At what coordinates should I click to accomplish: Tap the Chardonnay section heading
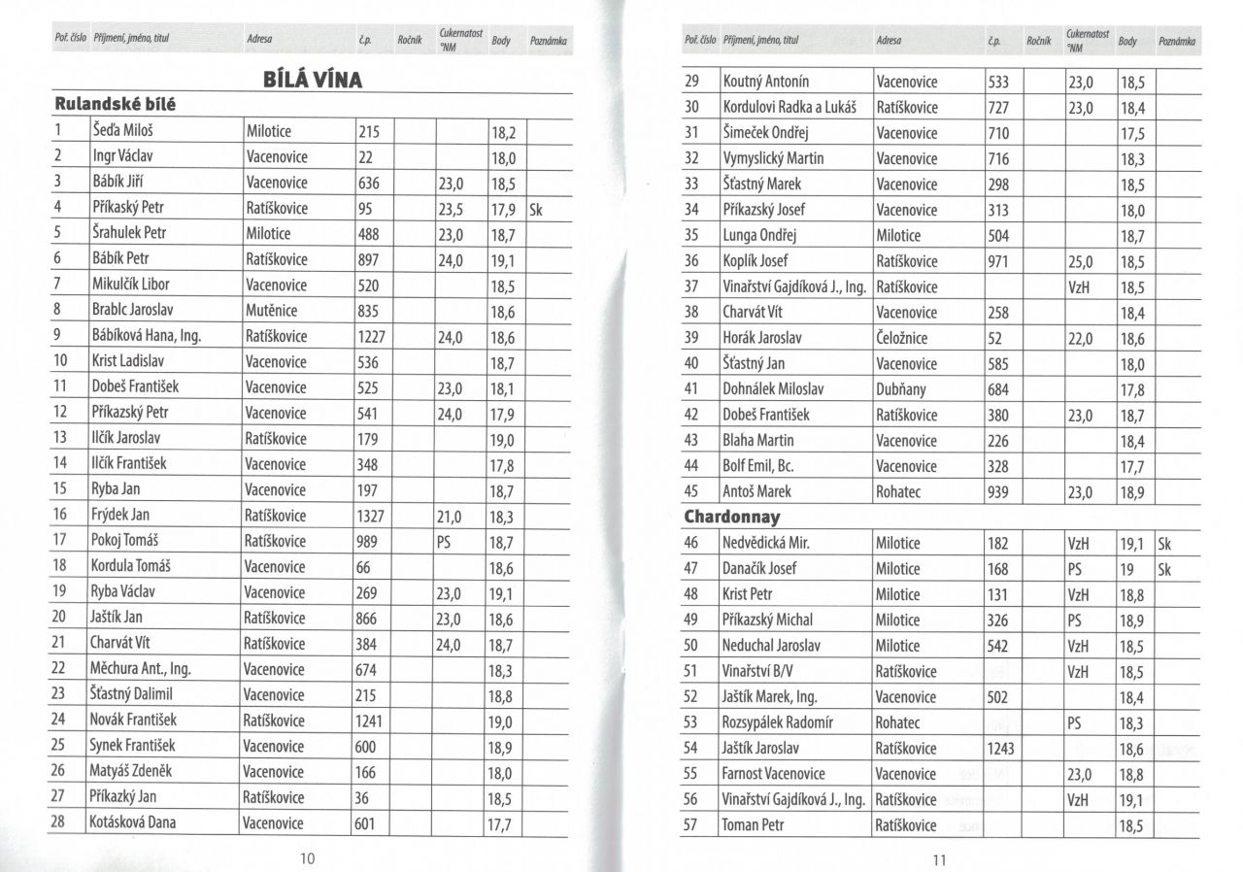tap(732, 517)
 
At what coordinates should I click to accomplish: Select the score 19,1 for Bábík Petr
tap(502, 259)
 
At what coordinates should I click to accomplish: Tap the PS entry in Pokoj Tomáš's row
tap(448, 541)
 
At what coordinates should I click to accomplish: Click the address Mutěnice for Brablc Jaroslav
tap(272, 311)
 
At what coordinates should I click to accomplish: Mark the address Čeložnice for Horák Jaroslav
tap(908, 338)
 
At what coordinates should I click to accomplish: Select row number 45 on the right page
tap(692, 491)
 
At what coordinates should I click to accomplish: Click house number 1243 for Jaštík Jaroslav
tap(1004, 748)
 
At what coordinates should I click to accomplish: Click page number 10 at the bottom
tap(308, 857)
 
